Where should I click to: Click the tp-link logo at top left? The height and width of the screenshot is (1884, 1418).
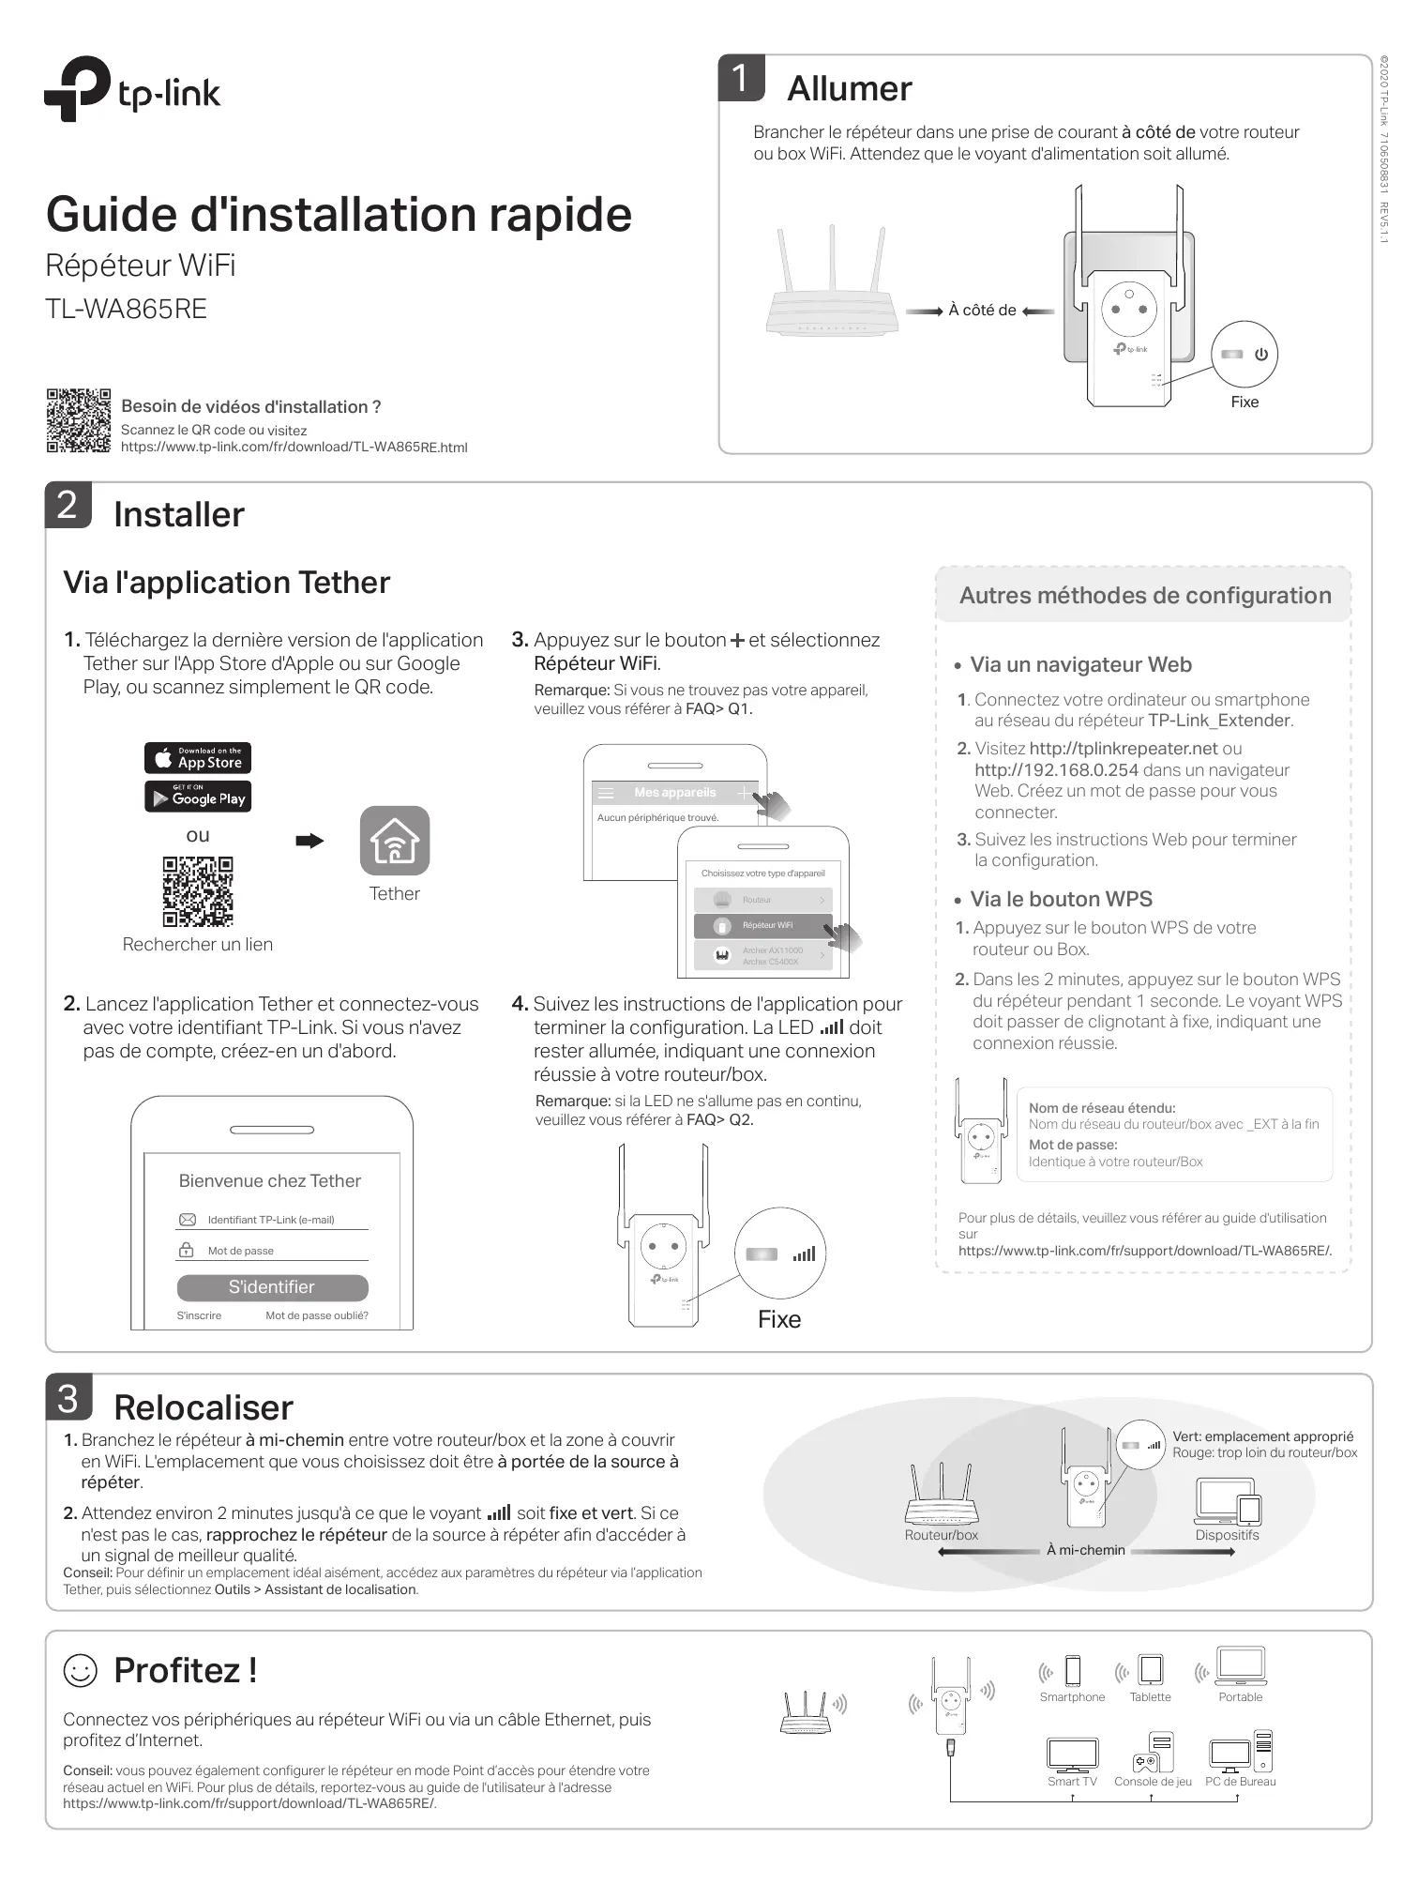pyautogui.click(x=132, y=90)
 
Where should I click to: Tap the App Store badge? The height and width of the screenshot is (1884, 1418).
pyautogui.click(x=198, y=757)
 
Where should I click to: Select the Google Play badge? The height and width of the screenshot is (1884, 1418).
pyautogui.click(x=198, y=797)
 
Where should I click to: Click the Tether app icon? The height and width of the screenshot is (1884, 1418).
pyautogui.click(x=395, y=841)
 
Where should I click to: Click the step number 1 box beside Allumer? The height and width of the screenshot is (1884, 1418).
pyautogui.click(x=741, y=78)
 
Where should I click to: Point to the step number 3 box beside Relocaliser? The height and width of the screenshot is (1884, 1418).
pyautogui.click(x=68, y=1398)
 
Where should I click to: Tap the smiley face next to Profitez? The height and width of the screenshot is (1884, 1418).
pyautogui.click(x=80, y=1670)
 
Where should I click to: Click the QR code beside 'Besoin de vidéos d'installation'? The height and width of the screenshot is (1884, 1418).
pyautogui.click(x=78, y=420)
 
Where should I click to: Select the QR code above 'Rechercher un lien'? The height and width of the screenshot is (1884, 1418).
pyautogui.click(x=198, y=890)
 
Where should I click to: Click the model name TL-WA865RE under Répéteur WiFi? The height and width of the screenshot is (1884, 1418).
pyautogui.click(x=127, y=309)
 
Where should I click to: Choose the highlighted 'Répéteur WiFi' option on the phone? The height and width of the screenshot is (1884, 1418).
pyautogui.click(x=762, y=925)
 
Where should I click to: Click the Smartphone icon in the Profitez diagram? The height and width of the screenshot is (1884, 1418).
pyautogui.click(x=1073, y=1671)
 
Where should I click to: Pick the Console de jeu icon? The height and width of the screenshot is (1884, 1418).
pyautogui.click(x=1153, y=1752)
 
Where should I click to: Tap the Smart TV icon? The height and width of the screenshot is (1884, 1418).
pyautogui.click(x=1072, y=1754)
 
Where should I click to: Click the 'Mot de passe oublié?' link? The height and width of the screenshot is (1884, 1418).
pyautogui.click(x=316, y=1315)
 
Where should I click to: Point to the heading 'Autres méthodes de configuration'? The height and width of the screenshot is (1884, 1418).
pyautogui.click(x=1145, y=596)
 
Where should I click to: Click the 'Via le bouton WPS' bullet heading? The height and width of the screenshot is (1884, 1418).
pyautogui.click(x=1061, y=899)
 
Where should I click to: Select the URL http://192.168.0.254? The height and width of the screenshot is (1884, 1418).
pyautogui.click(x=1057, y=770)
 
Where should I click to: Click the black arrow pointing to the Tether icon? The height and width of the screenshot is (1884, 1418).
pyautogui.click(x=309, y=841)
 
